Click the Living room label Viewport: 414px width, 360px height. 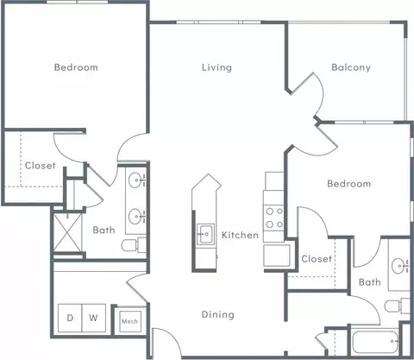(x=216, y=67)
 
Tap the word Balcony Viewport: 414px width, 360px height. (x=351, y=67)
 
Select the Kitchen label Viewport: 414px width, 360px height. (x=240, y=235)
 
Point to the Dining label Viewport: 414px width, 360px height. (x=218, y=314)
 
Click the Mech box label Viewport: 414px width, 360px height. (x=130, y=321)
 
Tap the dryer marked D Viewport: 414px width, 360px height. (x=70, y=318)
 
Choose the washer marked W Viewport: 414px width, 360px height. (x=94, y=318)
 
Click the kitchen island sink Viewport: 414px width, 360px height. (x=205, y=234)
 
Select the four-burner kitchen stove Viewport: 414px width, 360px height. (x=274, y=218)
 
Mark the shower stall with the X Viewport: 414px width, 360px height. (x=67, y=232)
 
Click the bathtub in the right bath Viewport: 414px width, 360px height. (x=375, y=342)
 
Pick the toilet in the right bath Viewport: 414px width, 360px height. (x=397, y=306)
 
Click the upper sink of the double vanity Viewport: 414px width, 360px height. (x=135, y=180)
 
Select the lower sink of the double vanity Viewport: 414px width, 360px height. (x=135, y=217)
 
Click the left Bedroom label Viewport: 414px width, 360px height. (x=76, y=67)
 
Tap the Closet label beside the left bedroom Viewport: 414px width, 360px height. (x=41, y=166)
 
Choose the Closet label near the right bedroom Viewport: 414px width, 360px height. (x=317, y=259)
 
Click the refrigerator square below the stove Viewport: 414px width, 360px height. (x=277, y=256)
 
